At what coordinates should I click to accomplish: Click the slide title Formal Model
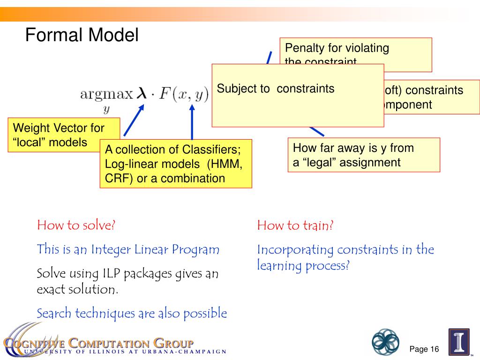pyautogui.click(x=82, y=36)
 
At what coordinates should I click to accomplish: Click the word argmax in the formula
pyautogui.click(x=106, y=94)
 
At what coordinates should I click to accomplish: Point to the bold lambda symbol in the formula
pyautogui.click(x=142, y=94)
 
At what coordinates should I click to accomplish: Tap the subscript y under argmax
pyautogui.click(x=106, y=110)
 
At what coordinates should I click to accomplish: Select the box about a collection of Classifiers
pyautogui.click(x=176, y=164)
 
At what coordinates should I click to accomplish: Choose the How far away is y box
pyautogui.click(x=364, y=155)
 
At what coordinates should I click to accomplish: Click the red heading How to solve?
pyautogui.click(x=76, y=225)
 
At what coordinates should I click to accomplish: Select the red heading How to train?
pyautogui.click(x=295, y=226)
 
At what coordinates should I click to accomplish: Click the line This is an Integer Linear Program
pyautogui.click(x=128, y=249)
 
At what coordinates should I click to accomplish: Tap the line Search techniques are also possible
pyautogui.click(x=132, y=313)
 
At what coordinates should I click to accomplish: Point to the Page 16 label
pyautogui.click(x=424, y=349)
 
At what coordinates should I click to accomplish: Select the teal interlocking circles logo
pyautogui.click(x=385, y=342)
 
